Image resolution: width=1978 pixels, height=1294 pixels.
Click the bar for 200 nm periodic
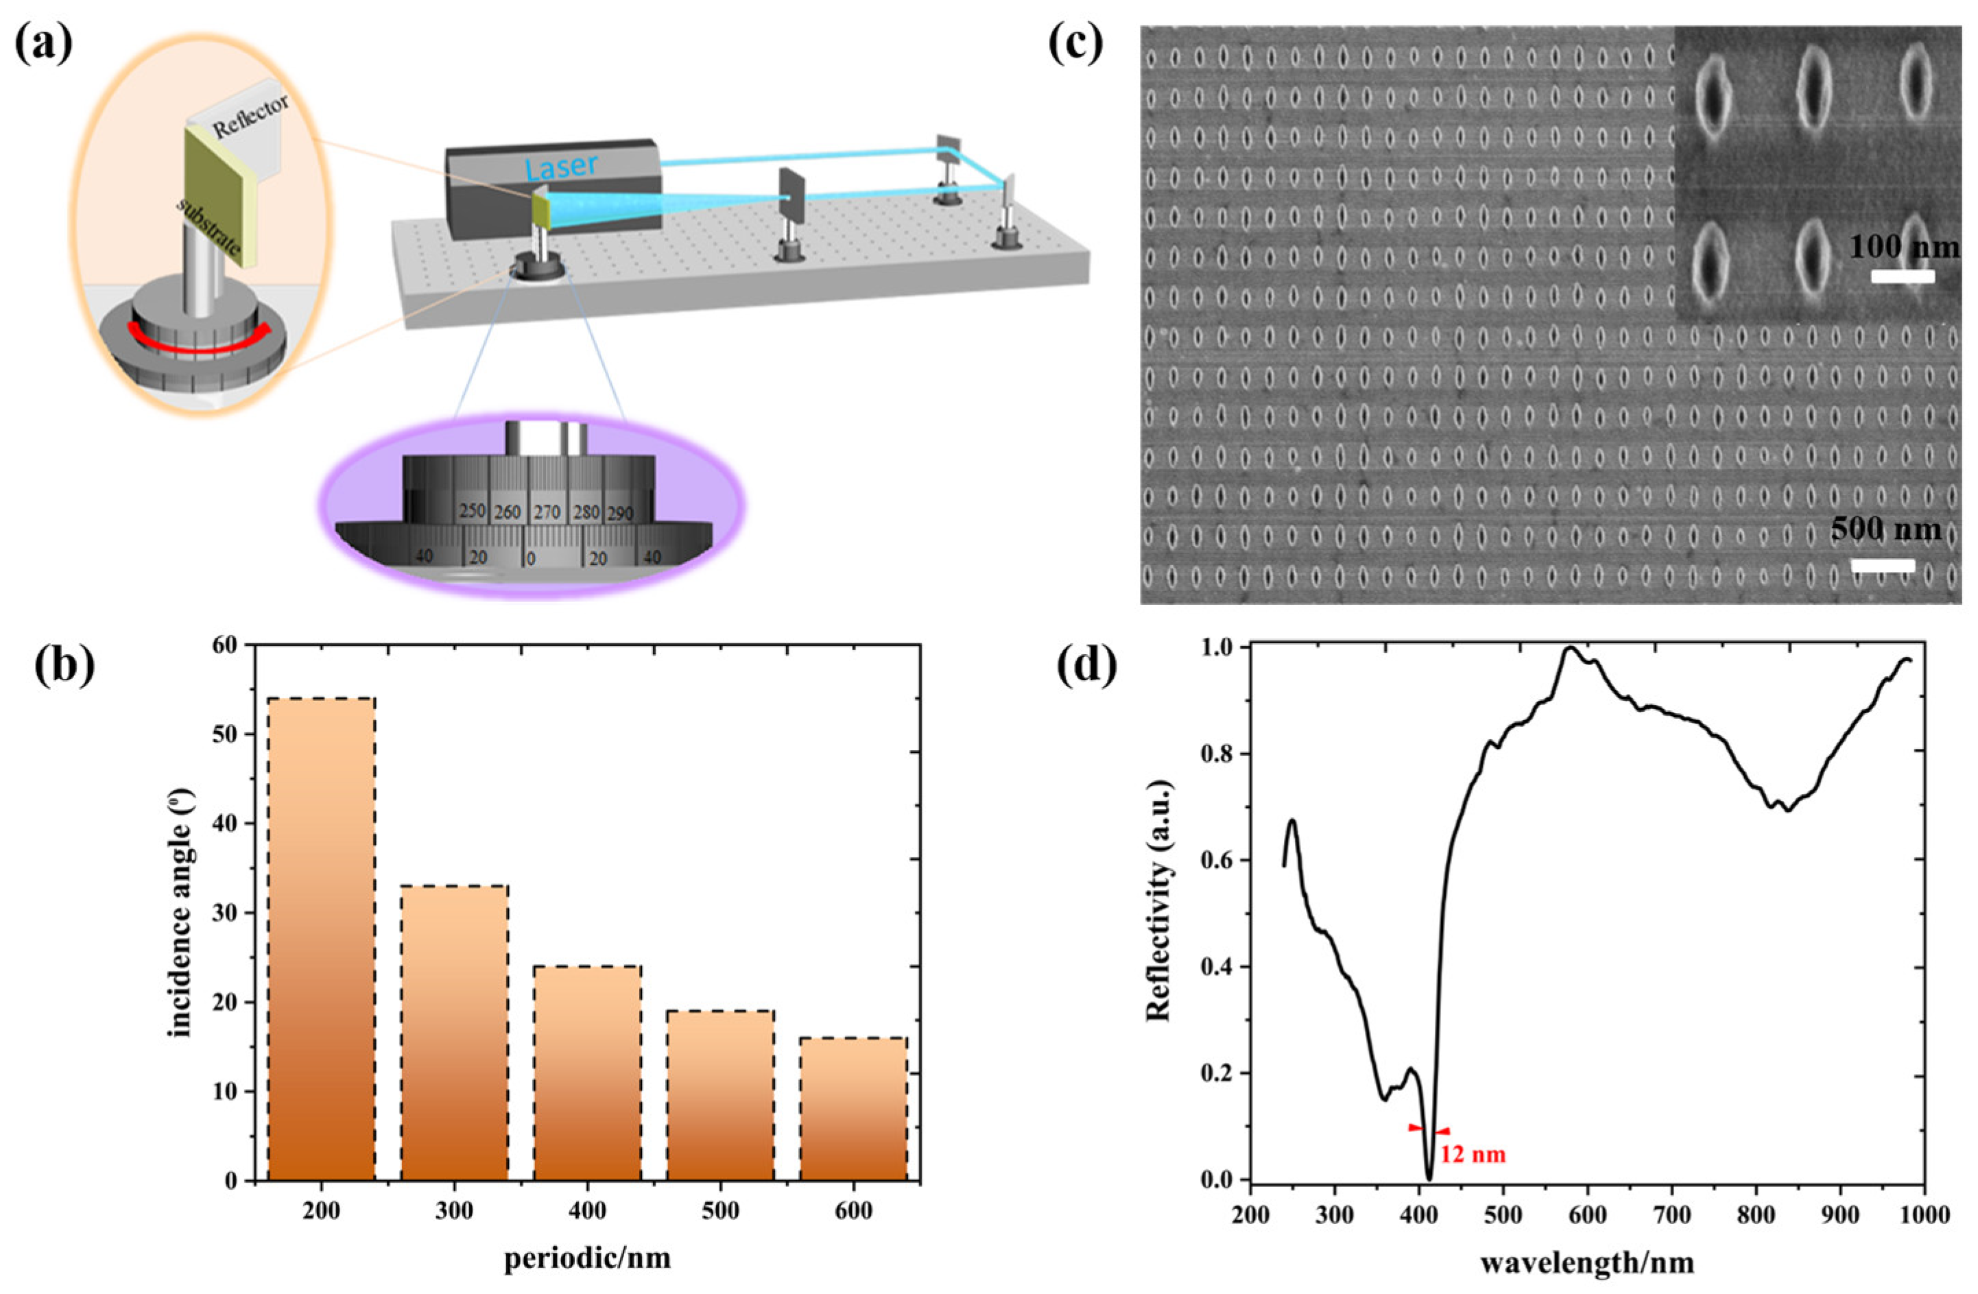point(321,939)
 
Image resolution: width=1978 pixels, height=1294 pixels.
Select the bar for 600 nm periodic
point(853,1109)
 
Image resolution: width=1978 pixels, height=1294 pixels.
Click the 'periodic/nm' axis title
point(587,1258)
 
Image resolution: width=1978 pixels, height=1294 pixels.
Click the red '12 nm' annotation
point(1473,1155)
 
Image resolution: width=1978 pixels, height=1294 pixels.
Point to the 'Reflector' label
point(251,115)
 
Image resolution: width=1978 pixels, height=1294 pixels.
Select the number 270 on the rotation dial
point(547,511)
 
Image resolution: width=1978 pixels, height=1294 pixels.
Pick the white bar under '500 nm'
point(1883,566)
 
